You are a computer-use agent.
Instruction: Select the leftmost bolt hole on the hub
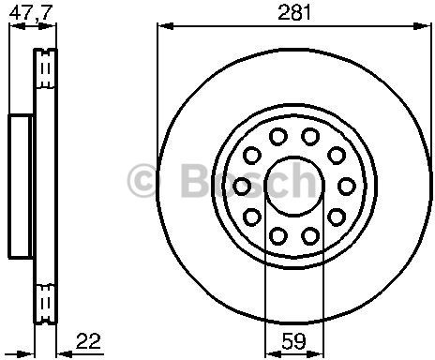click(x=243, y=184)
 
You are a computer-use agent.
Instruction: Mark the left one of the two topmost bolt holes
click(x=277, y=137)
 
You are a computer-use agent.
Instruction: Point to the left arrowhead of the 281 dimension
click(x=161, y=29)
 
